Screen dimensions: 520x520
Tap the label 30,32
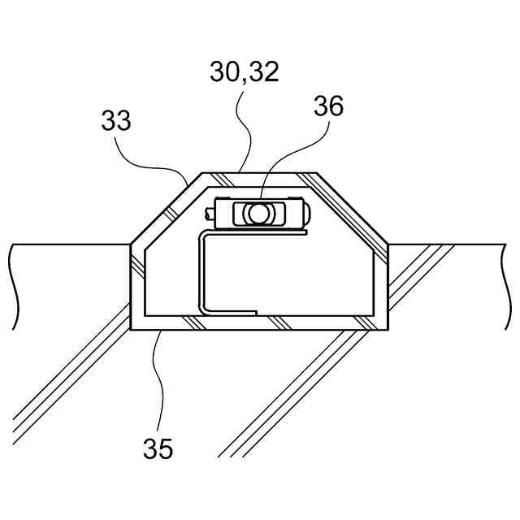pyautogui.click(x=244, y=72)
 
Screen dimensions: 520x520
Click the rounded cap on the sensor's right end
pyautogui.click(x=306, y=213)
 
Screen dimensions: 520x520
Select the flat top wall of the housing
pyautogui.click(x=260, y=176)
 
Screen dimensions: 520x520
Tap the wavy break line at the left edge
pyautogui.click(x=12, y=284)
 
